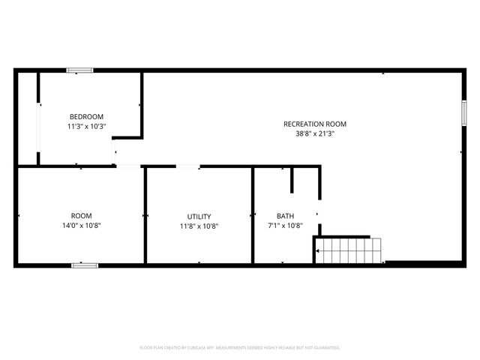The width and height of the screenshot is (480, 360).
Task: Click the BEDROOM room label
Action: click(87, 116)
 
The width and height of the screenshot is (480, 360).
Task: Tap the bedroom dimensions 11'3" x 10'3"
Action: click(87, 126)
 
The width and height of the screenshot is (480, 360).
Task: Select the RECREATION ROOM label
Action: click(315, 124)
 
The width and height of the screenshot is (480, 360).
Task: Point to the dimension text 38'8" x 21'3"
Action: click(315, 134)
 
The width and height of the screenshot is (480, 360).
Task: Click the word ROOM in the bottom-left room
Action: click(82, 215)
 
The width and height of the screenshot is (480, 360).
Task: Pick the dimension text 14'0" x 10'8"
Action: click(82, 226)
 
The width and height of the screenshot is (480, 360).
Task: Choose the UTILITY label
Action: click(199, 216)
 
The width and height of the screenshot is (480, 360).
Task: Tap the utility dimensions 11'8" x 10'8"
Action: click(199, 226)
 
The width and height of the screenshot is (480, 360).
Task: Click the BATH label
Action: click(286, 216)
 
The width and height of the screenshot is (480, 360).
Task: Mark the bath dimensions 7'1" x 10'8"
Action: click(286, 226)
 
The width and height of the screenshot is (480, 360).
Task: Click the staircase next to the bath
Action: click(349, 250)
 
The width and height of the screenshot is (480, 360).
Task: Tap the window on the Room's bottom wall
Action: click(85, 265)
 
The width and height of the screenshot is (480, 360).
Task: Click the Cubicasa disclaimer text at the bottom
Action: click(240, 348)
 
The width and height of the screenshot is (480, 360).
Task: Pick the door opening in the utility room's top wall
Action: click(188, 166)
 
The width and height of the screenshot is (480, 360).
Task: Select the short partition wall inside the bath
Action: click(292, 179)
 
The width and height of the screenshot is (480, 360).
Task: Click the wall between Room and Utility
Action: click(145, 215)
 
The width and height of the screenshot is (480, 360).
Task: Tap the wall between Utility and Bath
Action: click(253, 215)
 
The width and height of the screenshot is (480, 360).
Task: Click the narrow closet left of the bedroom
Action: click(28, 118)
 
